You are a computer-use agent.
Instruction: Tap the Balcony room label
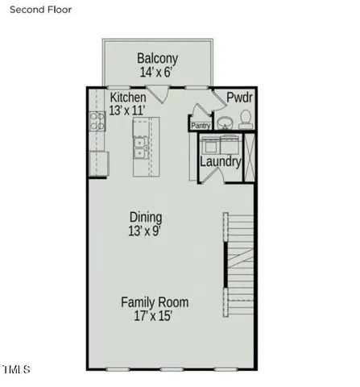coord(157,59)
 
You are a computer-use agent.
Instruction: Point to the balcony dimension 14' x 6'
coord(157,73)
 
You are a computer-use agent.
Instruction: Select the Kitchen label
coord(128,98)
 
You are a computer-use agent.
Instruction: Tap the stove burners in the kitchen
coord(97,122)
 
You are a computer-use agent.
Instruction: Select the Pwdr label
coord(239,98)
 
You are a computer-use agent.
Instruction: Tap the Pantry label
coord(200,125)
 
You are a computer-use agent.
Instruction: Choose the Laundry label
coord(221,162)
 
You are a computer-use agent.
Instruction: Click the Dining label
coord(146,217)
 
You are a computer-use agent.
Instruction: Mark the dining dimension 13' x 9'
coord(146,231)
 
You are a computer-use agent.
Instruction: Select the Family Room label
coord(155,302)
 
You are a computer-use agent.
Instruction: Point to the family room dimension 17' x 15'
coord(155,316)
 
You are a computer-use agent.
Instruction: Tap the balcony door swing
coord(162,93)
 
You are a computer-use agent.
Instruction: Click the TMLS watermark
coord(16,370)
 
